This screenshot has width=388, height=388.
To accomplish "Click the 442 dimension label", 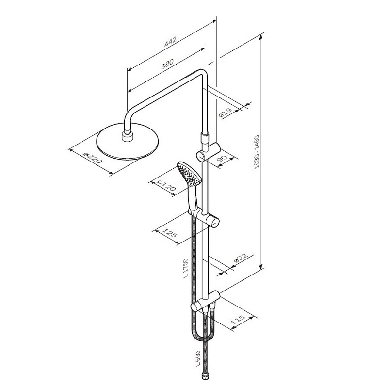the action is click(x=171, y=42).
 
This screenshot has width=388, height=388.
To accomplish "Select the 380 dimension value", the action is click(x=167, y=64).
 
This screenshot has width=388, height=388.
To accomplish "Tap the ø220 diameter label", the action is click(x=93, y=158).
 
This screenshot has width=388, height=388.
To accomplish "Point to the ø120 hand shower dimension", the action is click(x=166, y=186).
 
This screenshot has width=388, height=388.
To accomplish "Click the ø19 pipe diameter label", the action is click(x=225, y=113).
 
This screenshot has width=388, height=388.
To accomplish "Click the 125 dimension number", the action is click(x=170, y=233).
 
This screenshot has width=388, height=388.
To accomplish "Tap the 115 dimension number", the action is click(x=238, y=320).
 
